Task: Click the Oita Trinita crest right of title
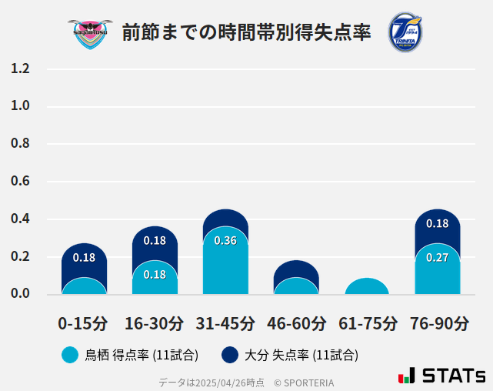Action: tap(405, 32)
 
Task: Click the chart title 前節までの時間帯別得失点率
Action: tap(246, 32)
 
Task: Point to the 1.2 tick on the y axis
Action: tap(20, 69)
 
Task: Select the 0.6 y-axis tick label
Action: tap(20, 182)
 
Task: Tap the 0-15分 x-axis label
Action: tap(83, 323)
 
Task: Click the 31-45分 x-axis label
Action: tap(225, 323)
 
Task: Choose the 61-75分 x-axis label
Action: tap(368, 323)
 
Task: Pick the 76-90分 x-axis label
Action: tap(438, 323)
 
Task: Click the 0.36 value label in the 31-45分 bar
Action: tap(225, 241)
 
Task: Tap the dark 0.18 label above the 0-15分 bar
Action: tap(84, 258)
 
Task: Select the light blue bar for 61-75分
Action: tap(367, 287)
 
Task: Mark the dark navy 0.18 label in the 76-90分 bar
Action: tap(437, 224)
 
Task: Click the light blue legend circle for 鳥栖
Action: tap(70, 355)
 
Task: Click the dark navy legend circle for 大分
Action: tap(229, 355)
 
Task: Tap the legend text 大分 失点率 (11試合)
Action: tap(301, 355)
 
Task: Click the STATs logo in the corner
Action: tap(441, 376)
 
